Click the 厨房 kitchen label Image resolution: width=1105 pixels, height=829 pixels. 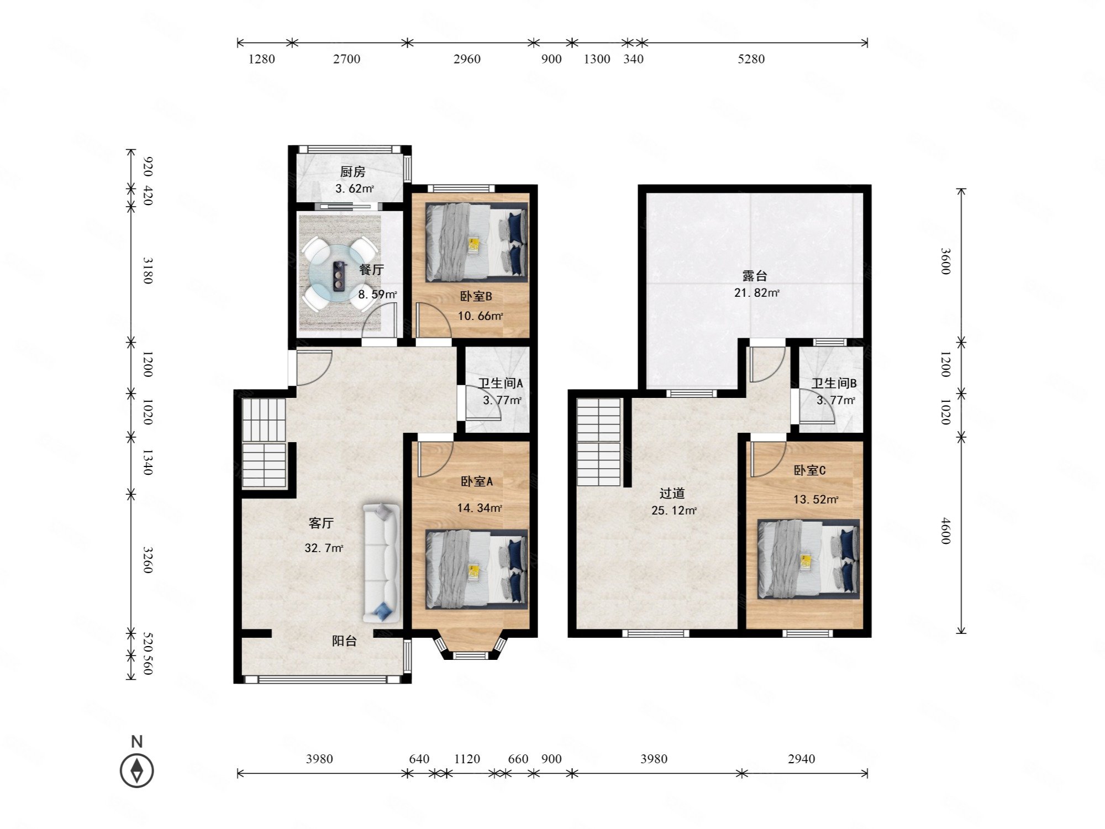[352, 172]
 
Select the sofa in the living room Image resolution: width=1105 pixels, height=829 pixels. [381, 563]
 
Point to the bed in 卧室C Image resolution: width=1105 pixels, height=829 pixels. [808, 559]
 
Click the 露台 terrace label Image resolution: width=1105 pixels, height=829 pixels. [755, 276]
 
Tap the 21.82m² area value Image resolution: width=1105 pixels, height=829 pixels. [756, 293]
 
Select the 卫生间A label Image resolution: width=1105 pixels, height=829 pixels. [501, 383]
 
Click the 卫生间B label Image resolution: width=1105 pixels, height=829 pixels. [834, 383]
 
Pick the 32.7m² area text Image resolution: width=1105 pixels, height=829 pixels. [324, 548]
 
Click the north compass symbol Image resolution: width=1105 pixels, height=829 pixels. [137, 770]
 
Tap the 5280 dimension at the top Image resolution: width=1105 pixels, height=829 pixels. [751, 59]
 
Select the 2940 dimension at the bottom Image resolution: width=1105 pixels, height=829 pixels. [802, 759]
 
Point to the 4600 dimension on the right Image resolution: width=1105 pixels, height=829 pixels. [946, 531]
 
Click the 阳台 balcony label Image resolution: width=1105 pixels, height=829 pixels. [344, 641]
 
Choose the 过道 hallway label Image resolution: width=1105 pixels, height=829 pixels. [672, 494]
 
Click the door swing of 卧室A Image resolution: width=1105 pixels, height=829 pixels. [435, 459]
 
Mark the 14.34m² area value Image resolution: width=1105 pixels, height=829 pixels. [480, 508]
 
